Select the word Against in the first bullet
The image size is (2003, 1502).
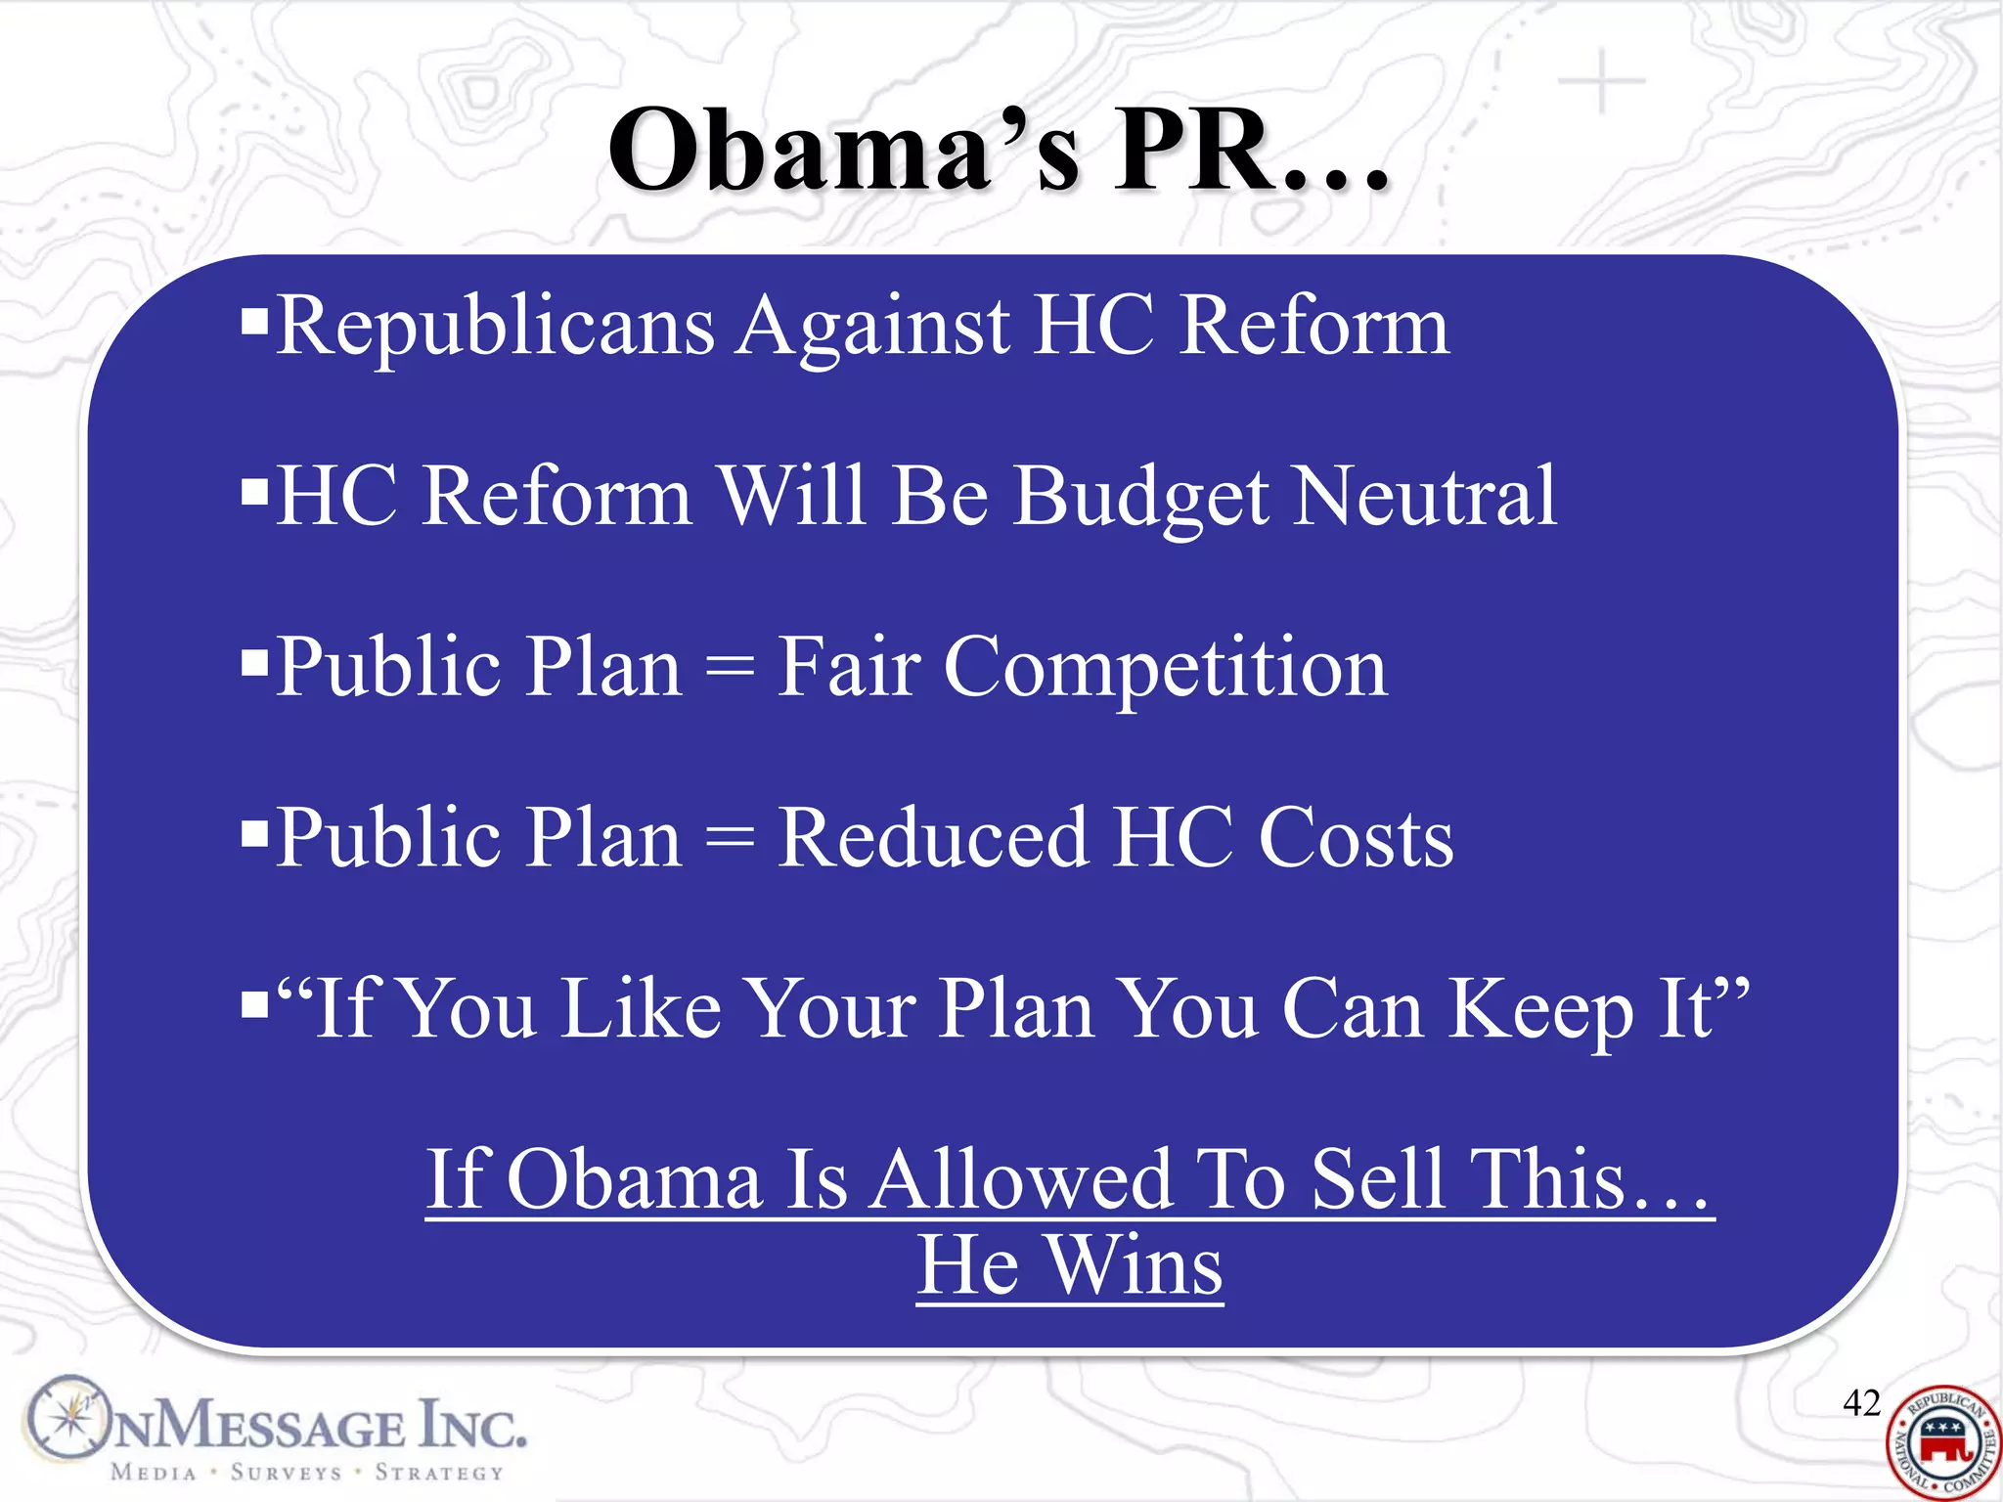874,329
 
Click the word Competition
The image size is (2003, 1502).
1165,669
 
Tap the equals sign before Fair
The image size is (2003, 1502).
730,669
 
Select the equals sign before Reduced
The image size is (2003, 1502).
730,839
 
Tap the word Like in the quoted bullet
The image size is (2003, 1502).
642,1009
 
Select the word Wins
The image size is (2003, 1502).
1135,1265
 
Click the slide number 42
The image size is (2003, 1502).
1861,1403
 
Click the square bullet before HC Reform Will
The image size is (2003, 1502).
254,488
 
